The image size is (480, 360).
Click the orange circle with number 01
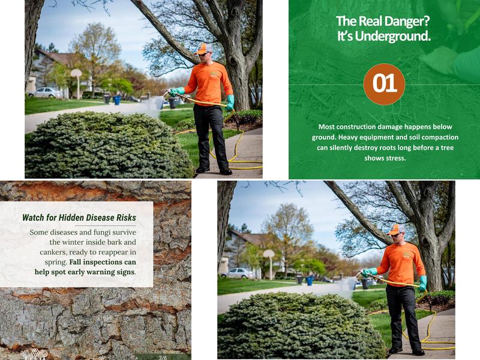click(x=384, y=84)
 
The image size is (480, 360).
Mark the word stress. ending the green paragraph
click(x=394, y=158)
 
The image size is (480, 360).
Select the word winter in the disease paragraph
click(x=80, y=242)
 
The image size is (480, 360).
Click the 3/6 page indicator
click(x=163, y=358)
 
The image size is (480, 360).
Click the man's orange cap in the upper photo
click(x=203, y=48)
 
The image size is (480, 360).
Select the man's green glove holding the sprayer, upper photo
click(x=176, y=92)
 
